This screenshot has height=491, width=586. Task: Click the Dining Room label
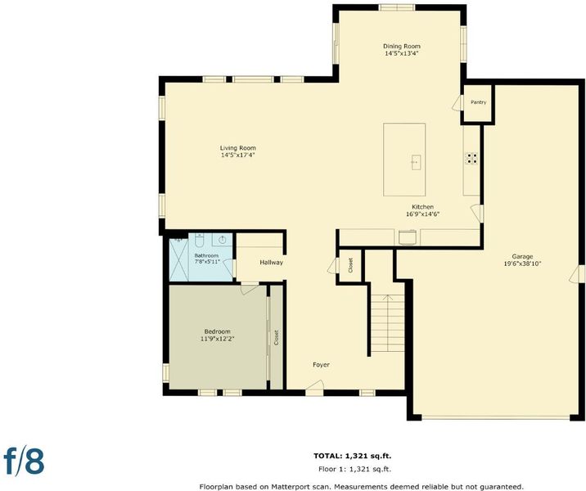pyautogui.click(x=401, y=46)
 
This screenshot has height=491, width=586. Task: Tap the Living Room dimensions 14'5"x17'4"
pyautogui.click(x=237, y=155)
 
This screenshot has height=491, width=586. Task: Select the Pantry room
pyautogui.click(x=478, y=102)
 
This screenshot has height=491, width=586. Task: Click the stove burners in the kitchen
pyautogui.click(x=471, y=159)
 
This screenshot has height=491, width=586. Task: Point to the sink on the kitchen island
pyautogui.click(x=416, y=163)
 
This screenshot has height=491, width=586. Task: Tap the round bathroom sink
pyautogui.click(x=223, y=240)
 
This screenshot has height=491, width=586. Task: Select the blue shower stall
pyautogui.click(x=178, y=259)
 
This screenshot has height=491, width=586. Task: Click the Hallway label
pyautogui.click(x=272, y=263)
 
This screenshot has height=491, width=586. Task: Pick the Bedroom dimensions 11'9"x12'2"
pyautogui.click(x=217, y=339)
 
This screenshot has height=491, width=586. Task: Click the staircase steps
pyautogui.click(x=388, y=323)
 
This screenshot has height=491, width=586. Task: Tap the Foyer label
pyautogui.click(x=321, y=365)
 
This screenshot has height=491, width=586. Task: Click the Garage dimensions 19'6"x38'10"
pyautogui.click(x=522, y=264)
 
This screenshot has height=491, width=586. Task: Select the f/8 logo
pyautogui.click(x=24, y=461)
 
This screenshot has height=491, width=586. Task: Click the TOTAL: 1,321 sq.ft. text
pyautogui.click(x=352, y=456)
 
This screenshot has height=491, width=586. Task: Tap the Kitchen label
pyautogui.click(x=422, y=207)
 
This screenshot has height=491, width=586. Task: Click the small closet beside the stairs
pyautogui.click(x=350, y=265)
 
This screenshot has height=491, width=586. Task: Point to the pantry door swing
pyautogui.click(x=458, y=103)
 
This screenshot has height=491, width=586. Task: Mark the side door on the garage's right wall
pyautogui.click(x=577, y=274)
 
